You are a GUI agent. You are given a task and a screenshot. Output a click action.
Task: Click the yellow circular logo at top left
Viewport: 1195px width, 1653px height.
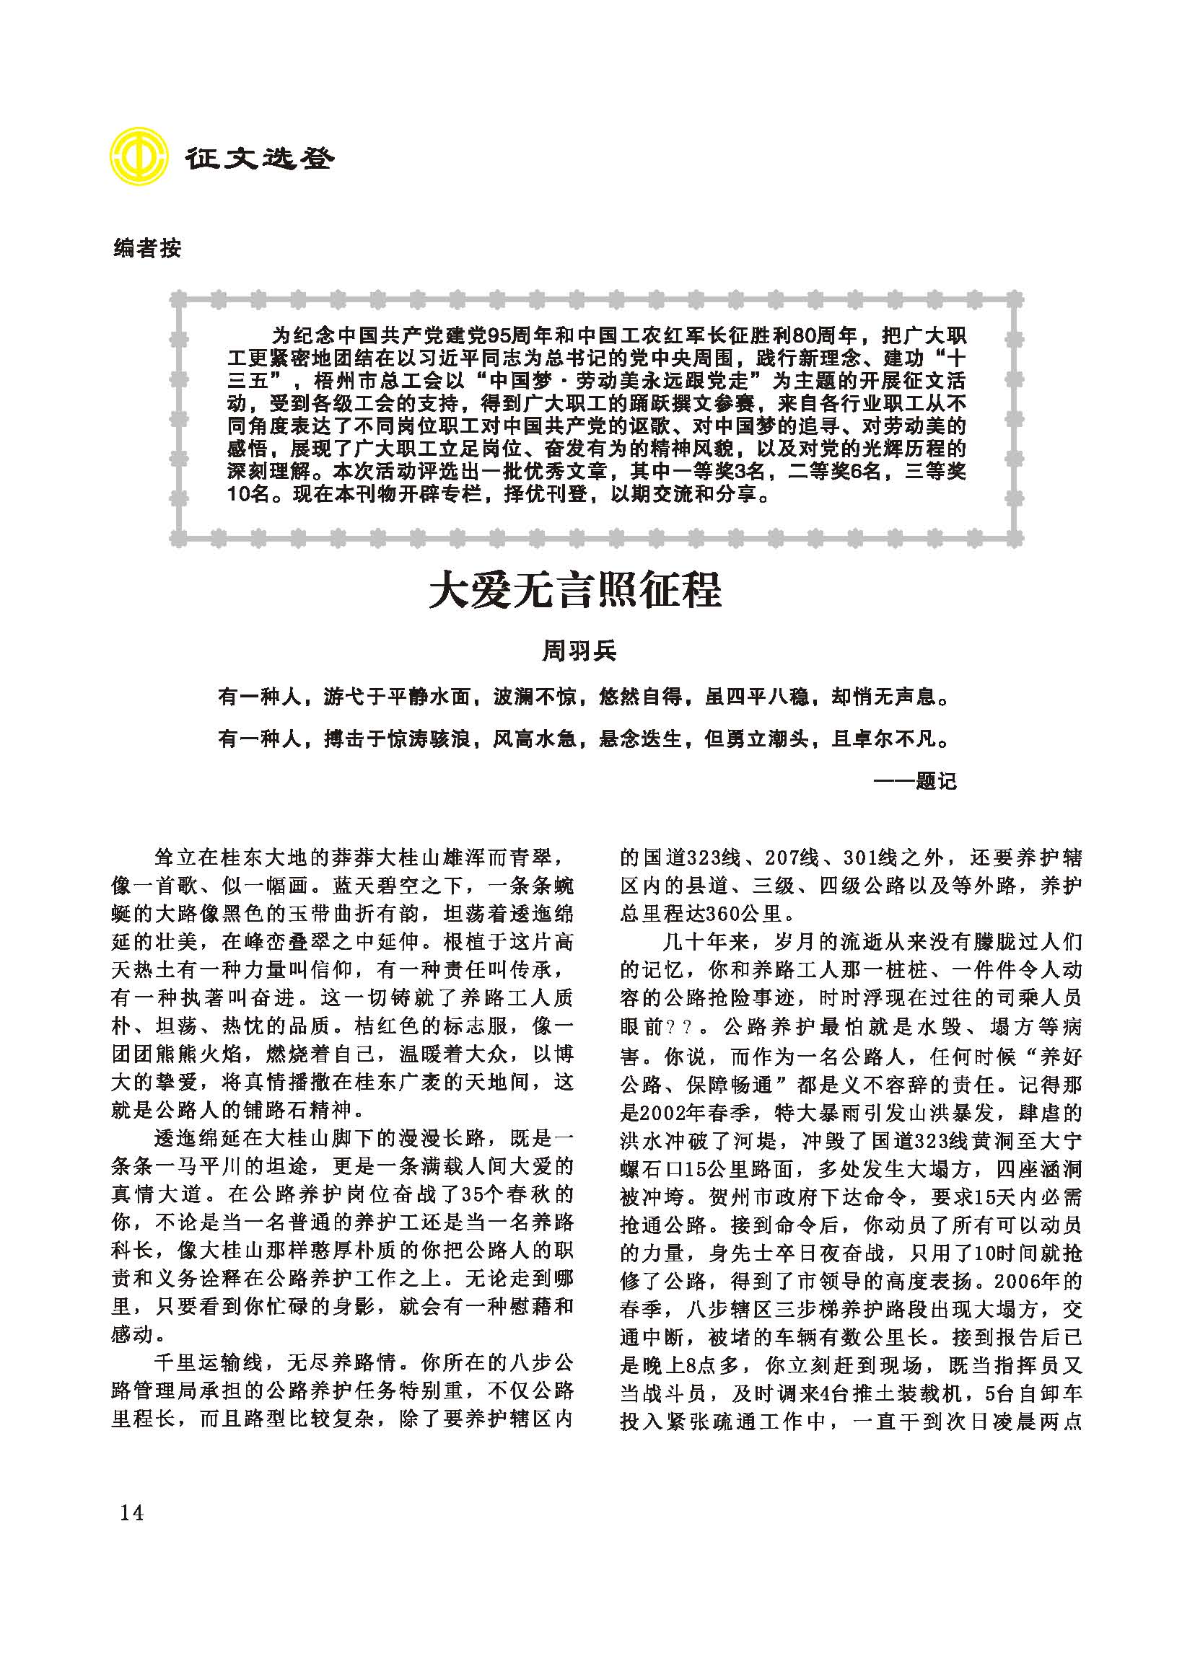click(136, 157)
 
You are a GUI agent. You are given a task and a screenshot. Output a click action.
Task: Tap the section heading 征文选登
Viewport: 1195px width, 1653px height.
click(258, 158)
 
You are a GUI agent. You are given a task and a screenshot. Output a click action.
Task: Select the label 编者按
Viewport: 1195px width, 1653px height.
click(147, 250)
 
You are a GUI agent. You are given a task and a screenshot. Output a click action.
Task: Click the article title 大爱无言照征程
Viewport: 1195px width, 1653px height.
click(574, 591)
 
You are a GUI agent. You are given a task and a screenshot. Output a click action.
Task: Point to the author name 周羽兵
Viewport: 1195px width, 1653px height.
click(579, 651)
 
